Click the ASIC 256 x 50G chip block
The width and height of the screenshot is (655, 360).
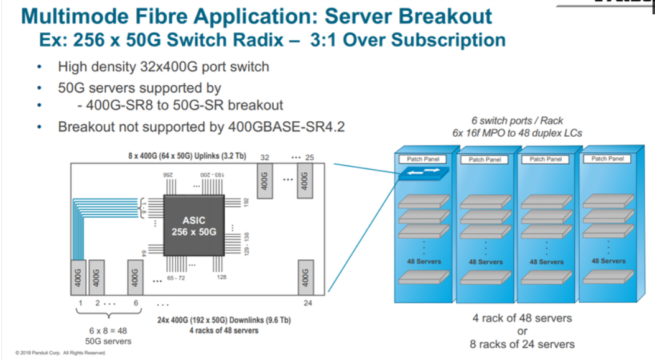click(193, 226)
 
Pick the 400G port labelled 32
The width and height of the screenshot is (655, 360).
click(263, 182)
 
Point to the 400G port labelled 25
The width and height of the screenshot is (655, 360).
click(305, 182)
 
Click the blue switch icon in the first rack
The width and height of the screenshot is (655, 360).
click(423, 175)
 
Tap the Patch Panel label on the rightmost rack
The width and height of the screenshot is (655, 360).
click(607, 159)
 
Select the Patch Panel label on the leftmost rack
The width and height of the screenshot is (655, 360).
click(423, 160)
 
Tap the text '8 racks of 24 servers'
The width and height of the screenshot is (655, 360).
click(522, 344)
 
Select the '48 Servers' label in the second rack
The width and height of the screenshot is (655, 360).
click(485, 262)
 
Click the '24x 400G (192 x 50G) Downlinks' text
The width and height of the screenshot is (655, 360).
click(223, 320)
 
